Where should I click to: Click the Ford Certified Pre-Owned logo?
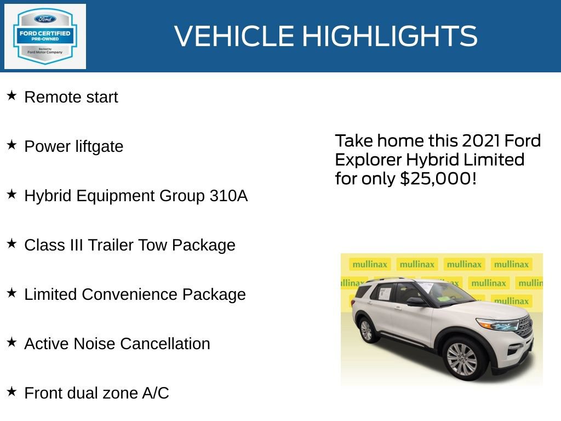(45, 36)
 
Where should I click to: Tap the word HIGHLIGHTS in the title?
(390, 36)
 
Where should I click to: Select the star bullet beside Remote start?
(12, 96)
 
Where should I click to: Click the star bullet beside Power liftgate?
(12, 145)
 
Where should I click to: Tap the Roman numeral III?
(79, 245)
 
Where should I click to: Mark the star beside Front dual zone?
(12, 392)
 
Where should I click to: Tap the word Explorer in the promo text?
(368, 160)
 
